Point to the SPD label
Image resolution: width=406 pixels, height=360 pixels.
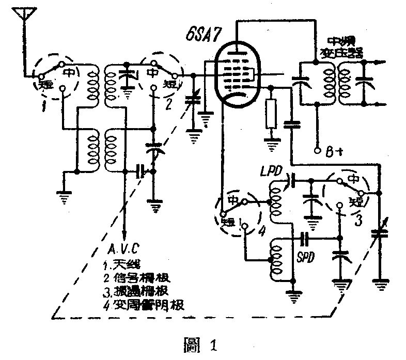point(307,257)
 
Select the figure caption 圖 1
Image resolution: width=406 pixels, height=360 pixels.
point(203,343)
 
